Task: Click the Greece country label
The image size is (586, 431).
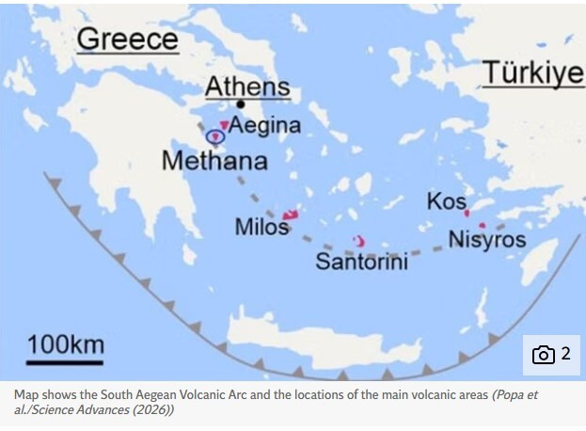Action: pos(127,40)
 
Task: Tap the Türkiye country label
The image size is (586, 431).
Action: pos(533,73)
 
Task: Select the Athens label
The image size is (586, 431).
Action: pos(247,88)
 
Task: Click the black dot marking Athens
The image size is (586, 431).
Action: pos(242,104)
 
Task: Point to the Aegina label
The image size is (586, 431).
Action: pos(265,125)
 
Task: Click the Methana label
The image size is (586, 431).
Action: pos(214,161)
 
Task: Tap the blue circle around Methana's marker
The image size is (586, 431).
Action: pos(214,137)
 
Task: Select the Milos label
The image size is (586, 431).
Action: pos(261,228)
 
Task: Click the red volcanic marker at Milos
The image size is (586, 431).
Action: pos(290,215)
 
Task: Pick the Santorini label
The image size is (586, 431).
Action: pos(361,262)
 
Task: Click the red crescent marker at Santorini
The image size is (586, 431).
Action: pos(357,242)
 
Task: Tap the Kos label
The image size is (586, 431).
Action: pos(446,201)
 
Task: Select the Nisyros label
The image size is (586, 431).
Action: pos(486,239)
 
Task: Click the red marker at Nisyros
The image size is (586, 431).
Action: pos(482,226)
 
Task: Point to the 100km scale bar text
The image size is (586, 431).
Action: pos(65,344)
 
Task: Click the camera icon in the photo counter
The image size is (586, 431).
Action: pos(544,355)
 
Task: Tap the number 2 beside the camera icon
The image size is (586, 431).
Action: pos(565,355)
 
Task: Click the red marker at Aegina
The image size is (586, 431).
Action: pos(224,125)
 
